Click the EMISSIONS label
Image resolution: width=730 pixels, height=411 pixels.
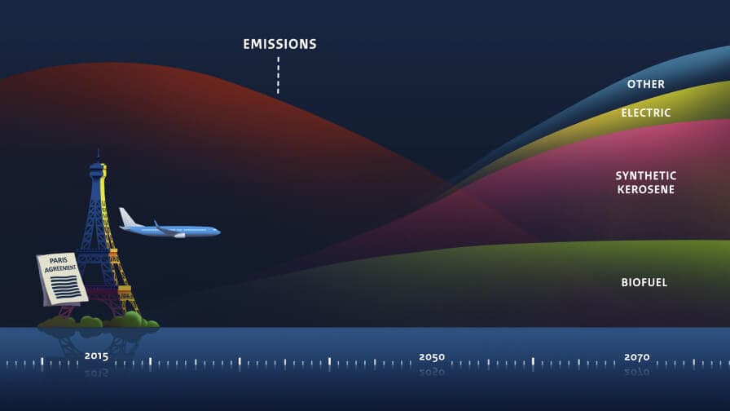pos(279,44)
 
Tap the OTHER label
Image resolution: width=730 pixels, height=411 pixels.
pos(646,84)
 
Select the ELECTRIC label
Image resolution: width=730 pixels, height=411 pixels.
pos(646,113)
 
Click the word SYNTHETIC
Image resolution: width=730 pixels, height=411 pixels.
pos(646,175)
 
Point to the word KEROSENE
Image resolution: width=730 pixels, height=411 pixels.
pos(646,190)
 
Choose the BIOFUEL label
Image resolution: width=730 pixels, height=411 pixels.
pos(644,282)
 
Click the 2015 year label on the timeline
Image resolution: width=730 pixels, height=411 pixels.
pos(96,356)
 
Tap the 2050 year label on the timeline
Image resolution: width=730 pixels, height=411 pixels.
pos(432,357)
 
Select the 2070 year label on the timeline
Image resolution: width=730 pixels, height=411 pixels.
pos(636,357)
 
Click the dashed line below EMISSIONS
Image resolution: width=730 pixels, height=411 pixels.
pos(279,76)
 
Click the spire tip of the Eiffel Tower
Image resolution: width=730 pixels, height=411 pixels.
pos(99,149)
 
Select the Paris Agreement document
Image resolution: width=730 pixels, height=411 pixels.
pos(62,279)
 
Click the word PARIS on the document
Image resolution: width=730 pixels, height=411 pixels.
pos(59,260)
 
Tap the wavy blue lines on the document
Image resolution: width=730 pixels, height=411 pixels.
pos(64,286)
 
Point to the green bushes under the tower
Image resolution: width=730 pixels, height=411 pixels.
pos(99,320)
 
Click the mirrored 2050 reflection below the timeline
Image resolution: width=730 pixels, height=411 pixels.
pos(432,373)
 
